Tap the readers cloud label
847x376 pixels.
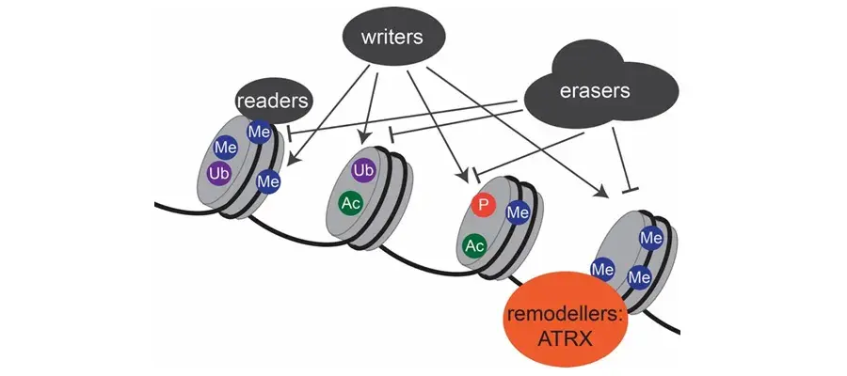(x=273, y=100)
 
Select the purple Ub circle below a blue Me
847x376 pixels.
(x=219, y=175)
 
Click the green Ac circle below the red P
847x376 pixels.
(x=475, y=245)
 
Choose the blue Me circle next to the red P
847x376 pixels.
(x=517, y=213)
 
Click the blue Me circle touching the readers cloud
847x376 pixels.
(x=259, y=133)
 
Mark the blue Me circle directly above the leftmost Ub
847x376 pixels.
(x=225, y=148)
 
